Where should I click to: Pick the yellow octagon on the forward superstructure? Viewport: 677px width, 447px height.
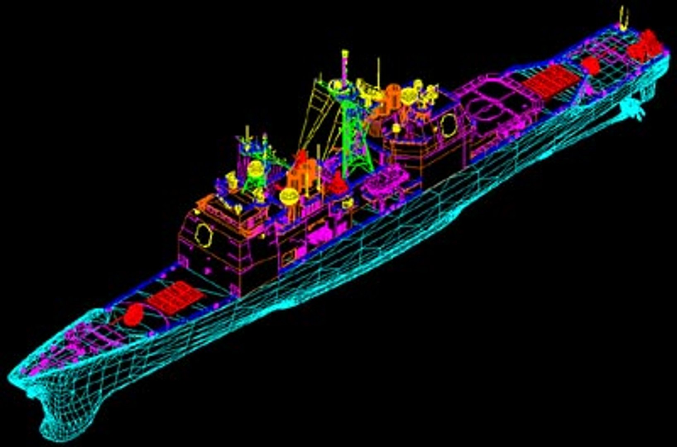203,235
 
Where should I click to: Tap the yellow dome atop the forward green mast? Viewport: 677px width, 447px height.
255,168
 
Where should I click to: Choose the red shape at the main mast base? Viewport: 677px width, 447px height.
337,182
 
